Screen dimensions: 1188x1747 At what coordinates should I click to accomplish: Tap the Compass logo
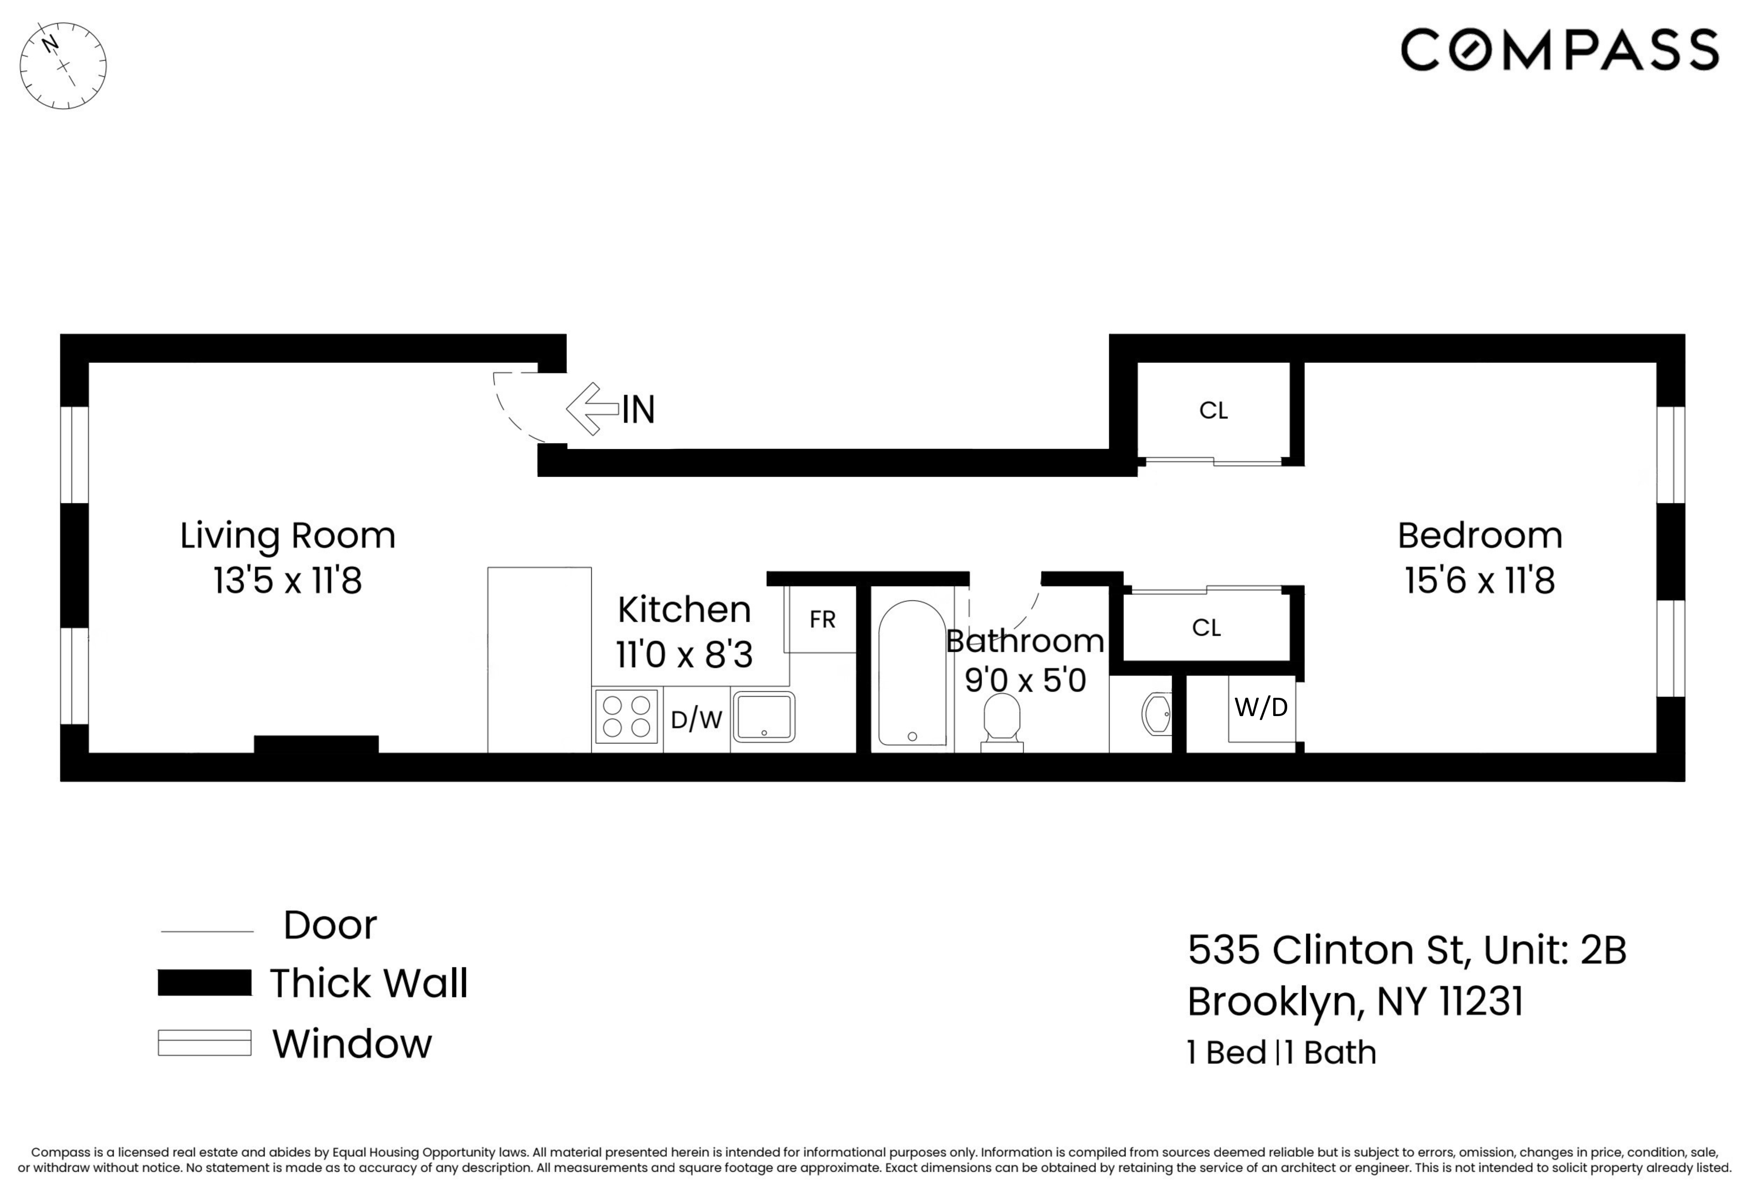tap(1559, 50)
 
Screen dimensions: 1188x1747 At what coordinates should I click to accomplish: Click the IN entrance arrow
tap(593, 409)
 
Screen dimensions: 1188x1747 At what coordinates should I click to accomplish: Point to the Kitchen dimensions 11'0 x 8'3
tap(684, 654)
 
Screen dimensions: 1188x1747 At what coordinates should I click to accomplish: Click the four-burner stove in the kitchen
tap(626, 717)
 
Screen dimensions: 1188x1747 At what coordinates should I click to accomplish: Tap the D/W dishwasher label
tap(696, 720)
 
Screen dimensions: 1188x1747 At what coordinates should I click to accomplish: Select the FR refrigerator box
tap(822, 620)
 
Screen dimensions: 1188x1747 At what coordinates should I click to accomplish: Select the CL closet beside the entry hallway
tap(1213, 410)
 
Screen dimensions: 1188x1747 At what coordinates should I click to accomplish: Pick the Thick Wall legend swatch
tap(205, 983)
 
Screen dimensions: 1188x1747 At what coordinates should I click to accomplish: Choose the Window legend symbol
tap(205, 1043)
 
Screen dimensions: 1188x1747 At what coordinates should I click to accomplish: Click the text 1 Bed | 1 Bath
tap(1281, 1052)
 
